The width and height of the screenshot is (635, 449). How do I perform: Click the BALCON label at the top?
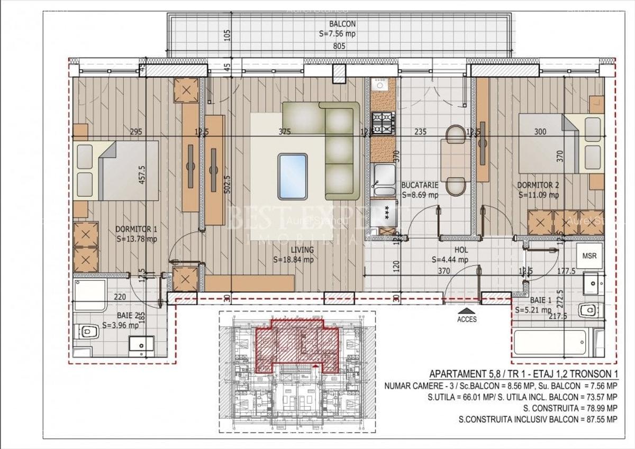(x=342, y=24)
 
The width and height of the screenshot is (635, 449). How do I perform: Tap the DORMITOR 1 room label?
(x=137, y=229)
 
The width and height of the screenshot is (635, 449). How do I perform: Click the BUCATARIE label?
(x=420, y=186)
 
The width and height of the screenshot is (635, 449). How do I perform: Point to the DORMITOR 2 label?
(x=538, y=186)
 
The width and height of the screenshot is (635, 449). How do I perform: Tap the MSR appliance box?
(x=589, y=256)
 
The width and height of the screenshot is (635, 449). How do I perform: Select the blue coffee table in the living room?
(x=292, y=176)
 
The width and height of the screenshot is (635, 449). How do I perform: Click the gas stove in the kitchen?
(x=383, y=123)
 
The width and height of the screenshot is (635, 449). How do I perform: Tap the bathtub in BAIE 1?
(x=550, y=343)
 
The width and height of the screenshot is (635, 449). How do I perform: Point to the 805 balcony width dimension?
(x=339, y=47)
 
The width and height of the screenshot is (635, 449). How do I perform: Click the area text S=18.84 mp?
(x=293, y=260)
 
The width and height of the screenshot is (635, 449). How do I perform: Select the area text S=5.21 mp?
(x=532, y=310)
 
